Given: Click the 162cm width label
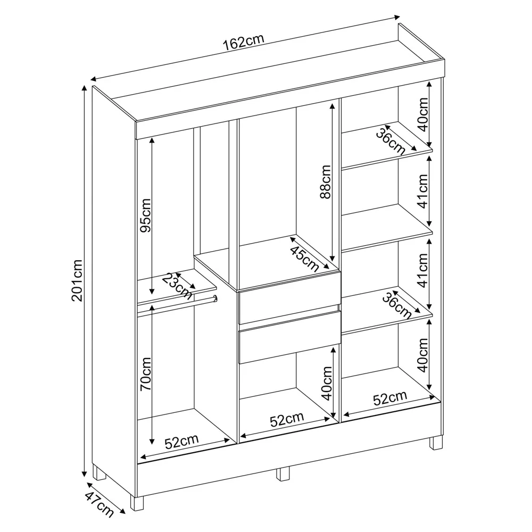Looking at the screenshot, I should pyautogui.click(x=244, y=42).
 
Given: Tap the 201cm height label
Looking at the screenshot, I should pyautogui.click(x=78, y=280).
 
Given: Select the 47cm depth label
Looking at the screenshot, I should pyautogui.click(x=99, y=505).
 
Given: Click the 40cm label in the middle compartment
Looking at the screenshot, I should pyautogui.click(x=327, y=383).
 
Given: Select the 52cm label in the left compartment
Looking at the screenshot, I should pyautogui.click(x=181, y=441).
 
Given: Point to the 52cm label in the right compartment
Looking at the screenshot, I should pyautogui.click(x=390, y=398).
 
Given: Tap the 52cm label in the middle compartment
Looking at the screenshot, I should pyautogui.click(x=287, y=420).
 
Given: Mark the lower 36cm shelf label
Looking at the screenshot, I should pyautogui.click(x=397, y=305).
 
